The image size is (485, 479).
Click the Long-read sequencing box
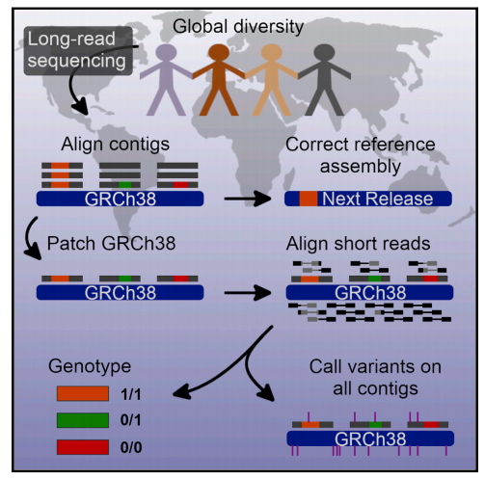pyautogui.click(x=78, y=51)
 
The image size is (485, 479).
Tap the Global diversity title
pyautogui.click(x=238, y=26)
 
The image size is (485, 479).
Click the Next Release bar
pyautogui.click(x=368, y=199)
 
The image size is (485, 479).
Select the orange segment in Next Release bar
pyautogui.click(x=309, y=199)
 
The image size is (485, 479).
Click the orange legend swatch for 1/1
pyautogui.click(x=83, y=393)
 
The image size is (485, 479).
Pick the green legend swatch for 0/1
pyautogui.click(x=83, y=420)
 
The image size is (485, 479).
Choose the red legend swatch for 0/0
pyautogui.click(x=83, y=447)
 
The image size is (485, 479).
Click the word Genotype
pyautogui.click(x=90, y=366)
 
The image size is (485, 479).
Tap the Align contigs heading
pyautogui.click(x=116, y=145)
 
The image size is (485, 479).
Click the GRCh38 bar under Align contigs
pyautogui.click(x=120, y=199)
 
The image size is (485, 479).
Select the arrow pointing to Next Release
pyautogui.click(x=248, y=199)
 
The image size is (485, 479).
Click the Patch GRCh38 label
pyautogui.click(x=111, y=243)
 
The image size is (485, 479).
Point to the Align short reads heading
pyautogui.click(x=358, y=244)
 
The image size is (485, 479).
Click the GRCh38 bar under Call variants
pyautogui.click(x=370, y=439)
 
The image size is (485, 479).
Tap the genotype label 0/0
pyautogui.click(x=131, y=447)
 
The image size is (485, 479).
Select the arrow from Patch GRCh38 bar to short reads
pyautogui.click(x=248, y=293)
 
